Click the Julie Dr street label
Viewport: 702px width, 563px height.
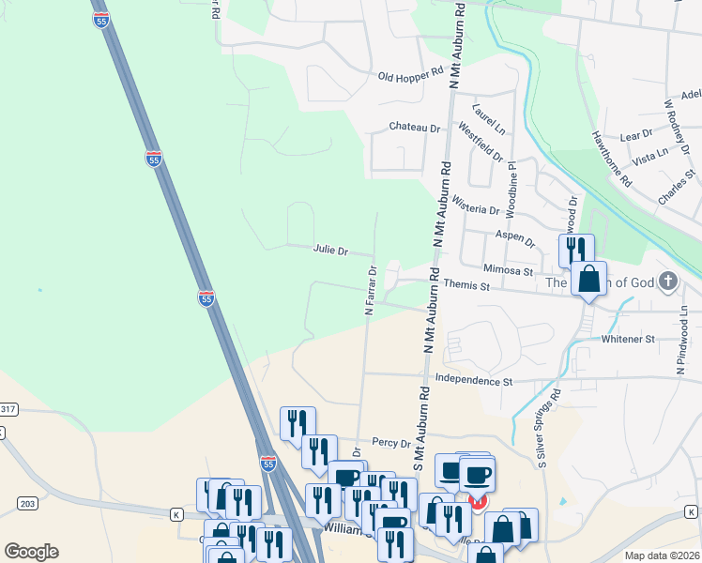329,251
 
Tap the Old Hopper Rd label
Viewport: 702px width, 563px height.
410,74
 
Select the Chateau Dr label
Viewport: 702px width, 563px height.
415,127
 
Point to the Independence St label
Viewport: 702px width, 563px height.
474,382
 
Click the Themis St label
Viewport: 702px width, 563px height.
466,284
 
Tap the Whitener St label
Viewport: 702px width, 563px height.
628,339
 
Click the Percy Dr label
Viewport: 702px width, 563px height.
391,442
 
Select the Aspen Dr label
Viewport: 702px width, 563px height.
515,241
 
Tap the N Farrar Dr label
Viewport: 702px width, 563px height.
372,291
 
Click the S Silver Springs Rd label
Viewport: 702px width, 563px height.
547,429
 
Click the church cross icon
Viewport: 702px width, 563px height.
667,281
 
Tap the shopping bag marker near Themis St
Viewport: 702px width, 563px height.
588,279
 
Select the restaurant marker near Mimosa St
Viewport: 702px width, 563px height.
576,251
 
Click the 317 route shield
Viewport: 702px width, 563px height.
8,409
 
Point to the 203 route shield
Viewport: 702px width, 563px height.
26,504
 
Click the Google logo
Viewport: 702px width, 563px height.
31,552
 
